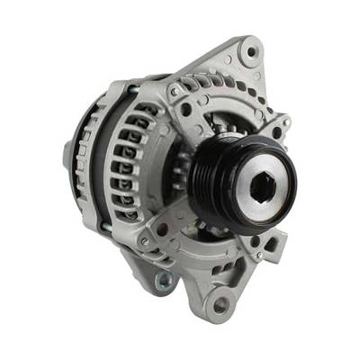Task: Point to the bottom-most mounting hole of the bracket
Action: [x=219, y=306]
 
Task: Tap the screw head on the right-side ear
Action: [x=286, y=120]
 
